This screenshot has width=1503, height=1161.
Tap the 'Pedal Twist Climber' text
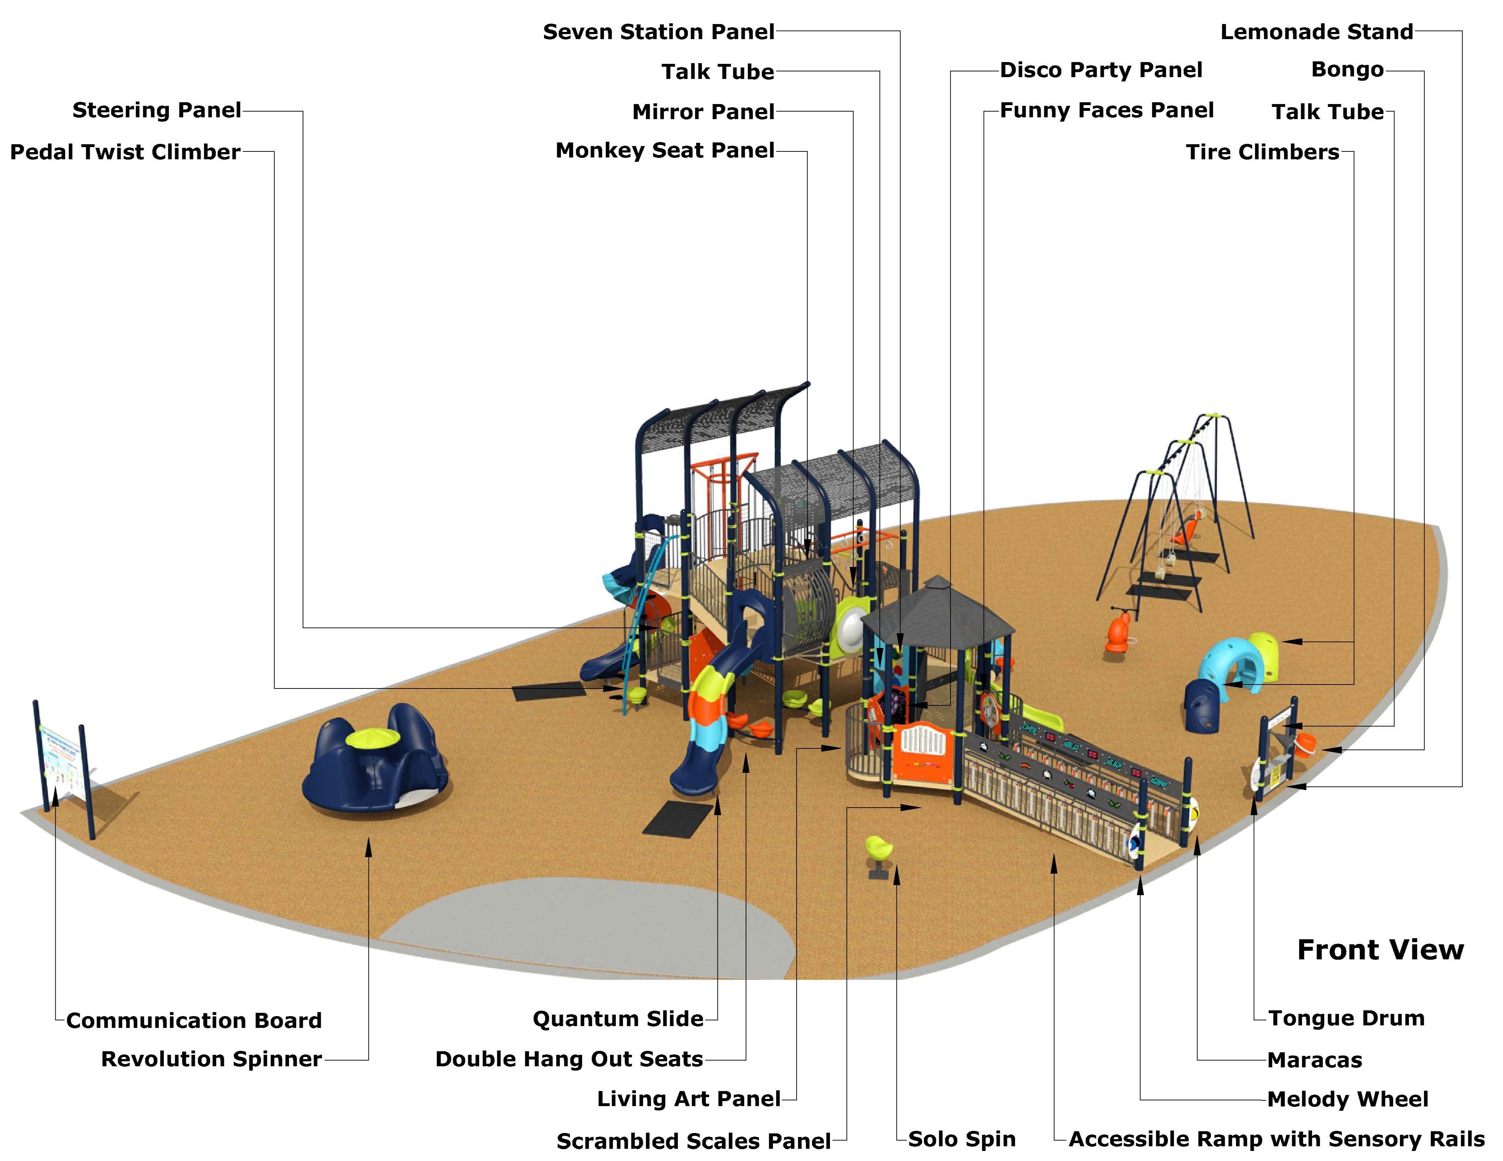click(x=125, y=152)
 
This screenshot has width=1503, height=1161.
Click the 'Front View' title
click(x=1380, y=950)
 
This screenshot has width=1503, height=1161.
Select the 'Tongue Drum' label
click(x=1346, y=1018)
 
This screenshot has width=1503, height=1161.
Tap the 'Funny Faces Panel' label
click(x=1106, y=110)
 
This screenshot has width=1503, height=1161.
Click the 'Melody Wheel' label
click(x=1347, y=1099)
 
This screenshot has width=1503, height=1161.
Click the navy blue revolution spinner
click(x=375, y=764)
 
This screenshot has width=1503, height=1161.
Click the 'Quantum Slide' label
click(x=617, y=1019)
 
